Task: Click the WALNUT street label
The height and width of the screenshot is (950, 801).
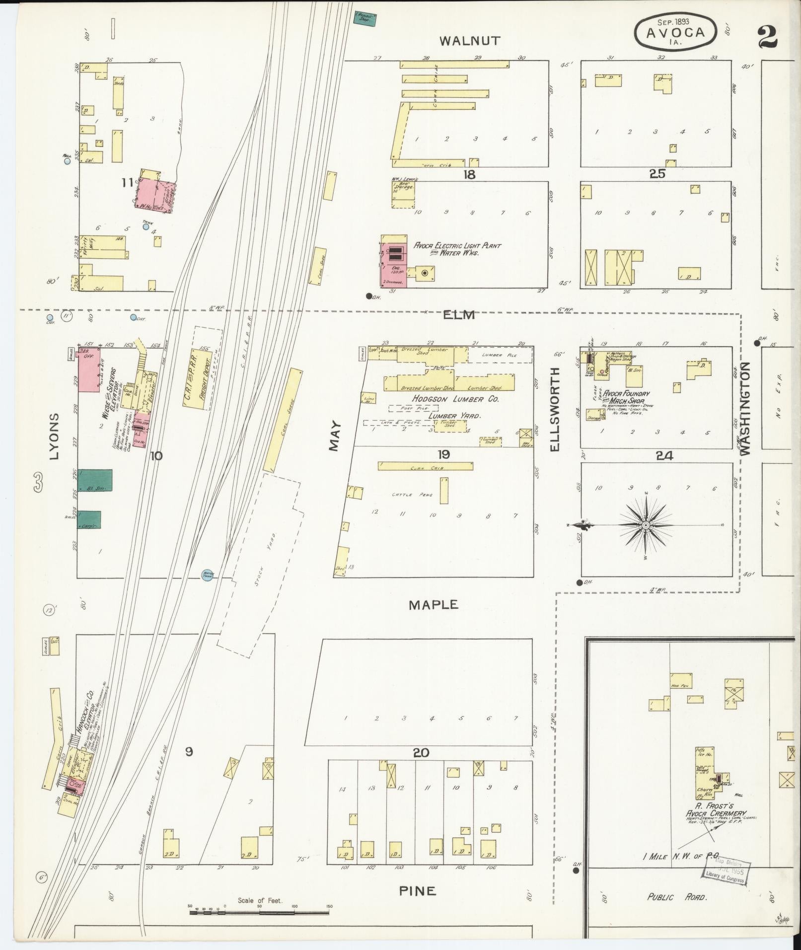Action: [470, 41]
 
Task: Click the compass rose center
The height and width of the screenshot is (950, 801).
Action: [646, 525]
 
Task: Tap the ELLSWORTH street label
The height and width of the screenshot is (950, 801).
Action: [555, 409]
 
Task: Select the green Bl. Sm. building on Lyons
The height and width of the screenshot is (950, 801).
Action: [95, 480]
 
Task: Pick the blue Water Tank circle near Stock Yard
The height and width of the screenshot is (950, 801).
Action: [208, 574]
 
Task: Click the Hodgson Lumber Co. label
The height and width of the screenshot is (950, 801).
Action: [455, 399]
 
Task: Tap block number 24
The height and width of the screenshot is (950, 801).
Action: [664, 455]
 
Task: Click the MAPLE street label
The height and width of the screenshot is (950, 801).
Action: [434, 605]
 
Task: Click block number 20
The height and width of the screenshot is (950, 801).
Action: [421, 753]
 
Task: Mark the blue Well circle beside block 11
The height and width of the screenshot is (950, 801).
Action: [67, 160]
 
